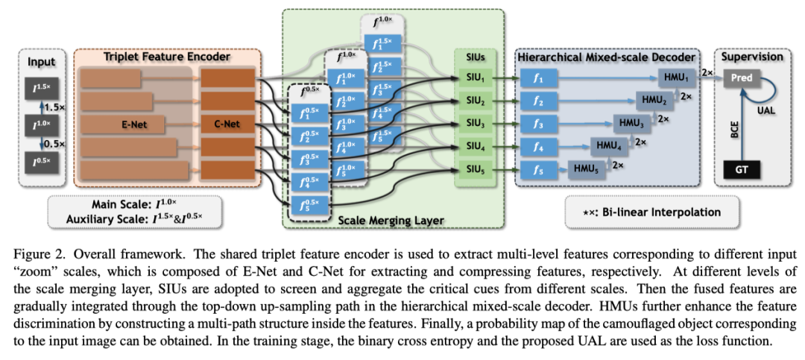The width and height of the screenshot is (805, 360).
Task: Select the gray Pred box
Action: pos(742,78)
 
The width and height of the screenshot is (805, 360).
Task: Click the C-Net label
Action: pos(228,124)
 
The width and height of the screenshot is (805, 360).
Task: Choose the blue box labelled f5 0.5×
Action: pos(309,205)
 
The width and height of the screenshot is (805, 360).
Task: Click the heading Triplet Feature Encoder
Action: pos(168,57)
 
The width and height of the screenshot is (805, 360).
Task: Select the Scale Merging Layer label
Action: pos(391,220)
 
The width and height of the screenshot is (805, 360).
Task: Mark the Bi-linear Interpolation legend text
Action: pos(653,212)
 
